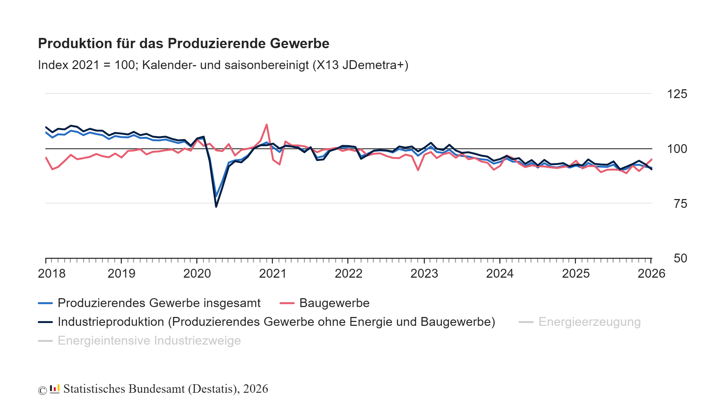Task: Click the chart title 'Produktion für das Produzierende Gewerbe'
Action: pos(183,44)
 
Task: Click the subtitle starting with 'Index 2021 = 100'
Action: pos(223,65)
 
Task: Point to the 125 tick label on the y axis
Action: pos(677,94)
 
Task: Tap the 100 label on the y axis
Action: pos(677,149)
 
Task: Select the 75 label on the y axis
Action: pos(680,204)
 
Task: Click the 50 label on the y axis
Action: pos(680,258)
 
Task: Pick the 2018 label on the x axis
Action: pos(52,273)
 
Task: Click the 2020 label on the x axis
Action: pos(197,273)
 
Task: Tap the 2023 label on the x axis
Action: pos(424,273)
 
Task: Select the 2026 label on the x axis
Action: pos(651,273)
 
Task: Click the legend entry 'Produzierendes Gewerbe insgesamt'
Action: pos(159,303)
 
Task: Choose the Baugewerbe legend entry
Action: pos(334,303)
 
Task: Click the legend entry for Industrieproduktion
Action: pos(276,322)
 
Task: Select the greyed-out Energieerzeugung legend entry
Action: pos(589,322)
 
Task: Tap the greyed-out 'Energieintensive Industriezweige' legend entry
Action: pos(149,341)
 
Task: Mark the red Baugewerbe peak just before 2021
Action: pos(267,125)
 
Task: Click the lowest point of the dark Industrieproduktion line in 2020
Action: pos(216,206)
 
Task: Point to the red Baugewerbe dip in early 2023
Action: pos(418,170)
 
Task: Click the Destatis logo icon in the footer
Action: pos(55,389)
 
